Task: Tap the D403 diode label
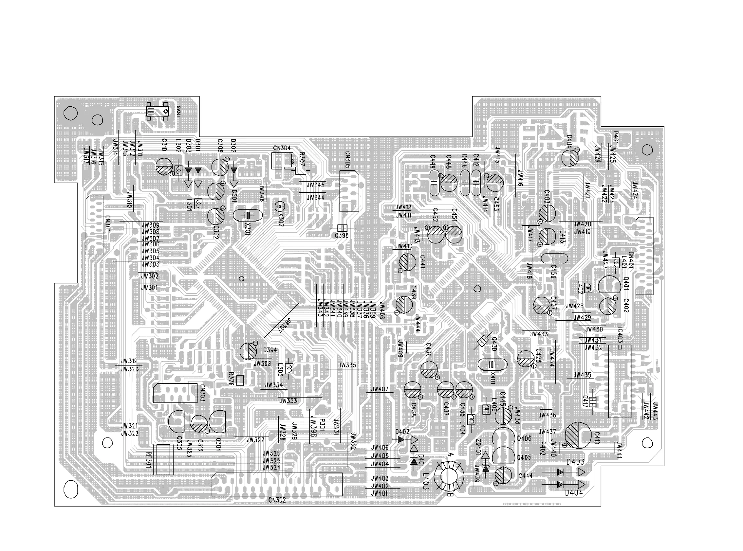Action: tap(575, 462)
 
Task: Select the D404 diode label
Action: tap(574, 493)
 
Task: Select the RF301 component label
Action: tap(149, 460)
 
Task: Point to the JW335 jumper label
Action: tap(347, 365)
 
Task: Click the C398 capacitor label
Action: tap(342, 236)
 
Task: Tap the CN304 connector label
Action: tap(282, 148)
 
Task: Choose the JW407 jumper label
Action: tap(380, 389)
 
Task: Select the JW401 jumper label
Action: tap(380, 493)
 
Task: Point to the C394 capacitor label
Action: tap(270, 350)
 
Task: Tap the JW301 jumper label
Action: tap(149, 288)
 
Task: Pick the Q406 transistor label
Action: tap(524, 438)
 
